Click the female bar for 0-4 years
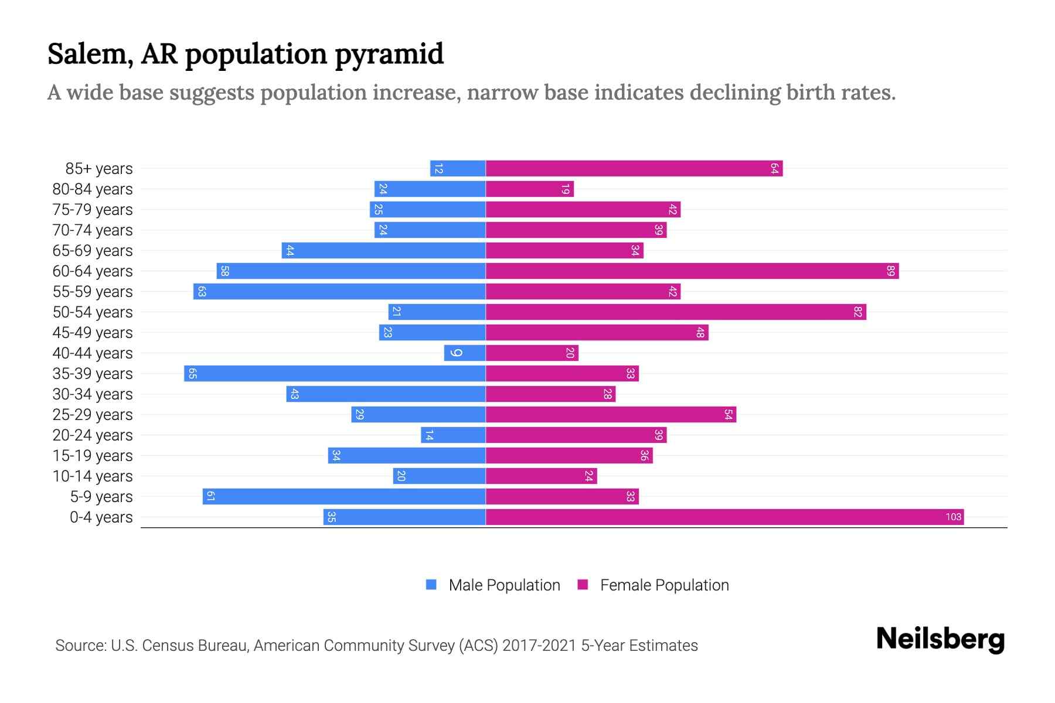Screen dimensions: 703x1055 724,517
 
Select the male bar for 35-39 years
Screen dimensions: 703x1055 335,373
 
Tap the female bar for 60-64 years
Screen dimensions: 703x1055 692,271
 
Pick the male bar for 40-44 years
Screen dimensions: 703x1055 465,353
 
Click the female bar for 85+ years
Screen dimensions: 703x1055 634,168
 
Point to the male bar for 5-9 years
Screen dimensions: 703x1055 344,496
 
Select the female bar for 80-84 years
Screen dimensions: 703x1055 530,189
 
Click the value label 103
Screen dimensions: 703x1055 953,517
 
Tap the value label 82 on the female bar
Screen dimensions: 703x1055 857,312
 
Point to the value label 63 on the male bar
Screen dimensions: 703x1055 202,291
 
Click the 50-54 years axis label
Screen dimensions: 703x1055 93,312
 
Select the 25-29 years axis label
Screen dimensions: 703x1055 93,415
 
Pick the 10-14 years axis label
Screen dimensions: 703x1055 93,476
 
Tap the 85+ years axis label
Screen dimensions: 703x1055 99,169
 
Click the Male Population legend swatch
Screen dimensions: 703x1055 431,585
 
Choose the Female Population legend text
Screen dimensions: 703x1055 664,585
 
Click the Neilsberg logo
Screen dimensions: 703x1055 940,639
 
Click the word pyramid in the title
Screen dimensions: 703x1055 389,54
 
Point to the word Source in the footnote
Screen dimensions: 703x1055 80,646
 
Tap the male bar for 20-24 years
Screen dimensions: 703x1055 453,435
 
